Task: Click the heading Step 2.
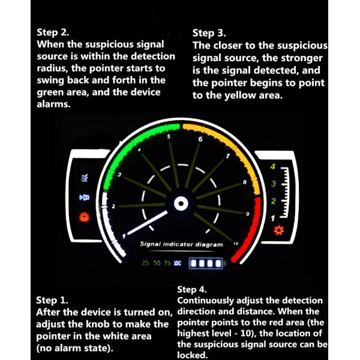click(53, 32)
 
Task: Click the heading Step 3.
click(209, 33)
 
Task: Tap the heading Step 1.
click(52, 300)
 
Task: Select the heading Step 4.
click(192, 289)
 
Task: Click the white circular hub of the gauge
click(181, 203)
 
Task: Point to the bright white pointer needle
click(148, 223)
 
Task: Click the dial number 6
click(200, 139)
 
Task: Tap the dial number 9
click(247, 214)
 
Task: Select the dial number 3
click(119, 175)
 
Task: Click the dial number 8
click(245, 182)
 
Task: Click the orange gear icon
click(279, 230)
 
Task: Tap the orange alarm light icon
click(84, 217)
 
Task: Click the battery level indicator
click(206, 263)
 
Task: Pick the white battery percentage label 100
click(178, 263)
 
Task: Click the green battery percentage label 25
click(145, 263)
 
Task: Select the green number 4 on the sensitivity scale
click(273, 166)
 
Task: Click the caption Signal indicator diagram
click(181, 244)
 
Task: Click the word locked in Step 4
click(193, 355)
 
